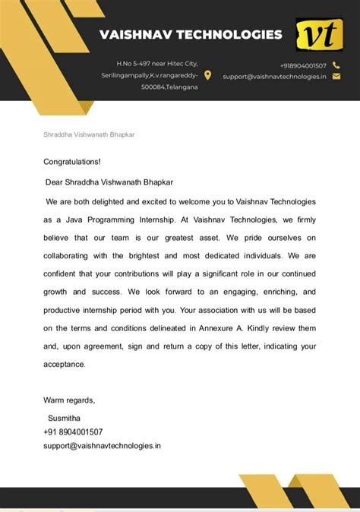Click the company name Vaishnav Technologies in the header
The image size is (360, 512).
pyautogui.click(x=191, y=34)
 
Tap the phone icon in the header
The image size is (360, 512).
pyautogui.click(x=336, y=65)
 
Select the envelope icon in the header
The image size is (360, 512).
pyautogui.click(x=336, y=76)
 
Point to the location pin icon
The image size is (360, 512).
pyautogui.click(x=208, y=75)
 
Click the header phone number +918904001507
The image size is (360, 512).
pyautogui.click(x=303, y=65)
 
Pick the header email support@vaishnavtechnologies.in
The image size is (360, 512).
pyautogui.click(x=274, y=76)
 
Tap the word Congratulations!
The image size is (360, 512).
pyautogui.click(x=72, y=162)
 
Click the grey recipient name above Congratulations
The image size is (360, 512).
pyautogui.click(x=89, y=134)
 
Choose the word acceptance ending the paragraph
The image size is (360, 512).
pyautogui.click(x=64, y=364)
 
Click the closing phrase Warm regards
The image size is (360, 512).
pyautogui.click(x=69, y=400)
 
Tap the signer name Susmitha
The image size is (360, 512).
pyautogui.click(x=64, y=418)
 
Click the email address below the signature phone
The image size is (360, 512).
pyautogui.click(x=102, y=445)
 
